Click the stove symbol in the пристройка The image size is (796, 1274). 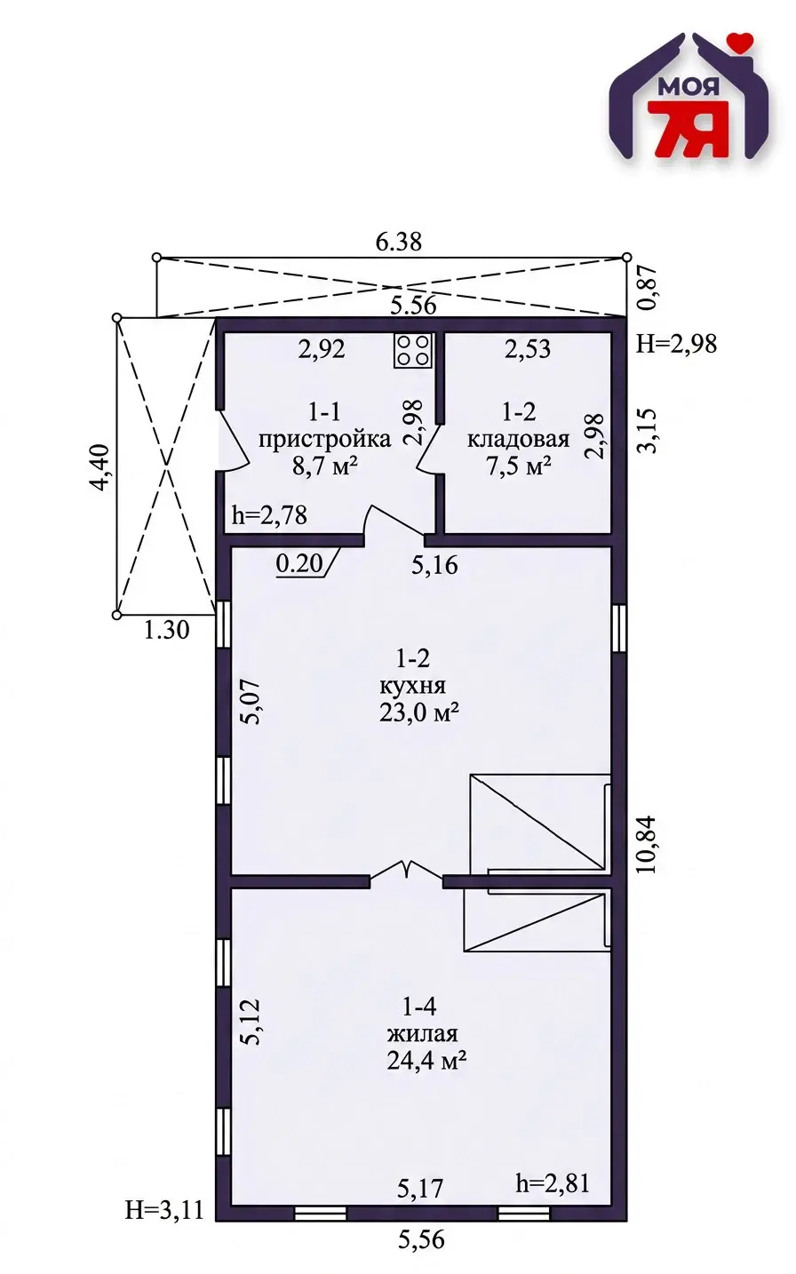pyautogui.click(x=413, y=350)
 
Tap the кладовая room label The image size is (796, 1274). pyautogui.click(x=518, y=439)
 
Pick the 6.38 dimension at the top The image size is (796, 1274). pyautogui.click(x=399, y=243)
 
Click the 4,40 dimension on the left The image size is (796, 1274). pyautogui.click(x=102, y=467)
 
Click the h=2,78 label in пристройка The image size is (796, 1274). pyautogui.click(x=269, y=515)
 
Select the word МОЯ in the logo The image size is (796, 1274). pyautogui.click(x=689, y=86)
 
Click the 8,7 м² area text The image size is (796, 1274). pyautogui.click(x=324, y=466)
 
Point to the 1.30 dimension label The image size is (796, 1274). pyautogui.click(x=166, y=630)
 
